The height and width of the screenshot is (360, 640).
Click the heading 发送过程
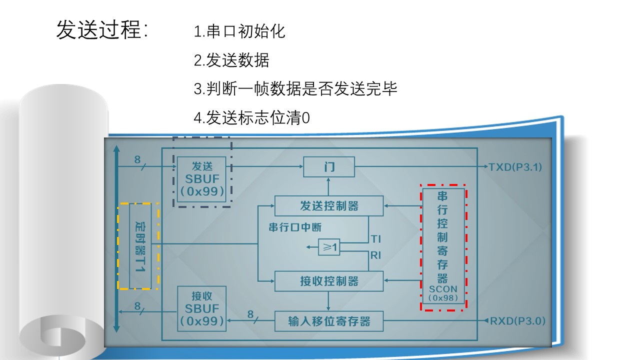pyautogui.click(x=102, y=30)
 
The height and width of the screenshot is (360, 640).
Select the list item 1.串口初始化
pyautogui.click(x=239, y=31)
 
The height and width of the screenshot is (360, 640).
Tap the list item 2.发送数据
pyautogui.click(x=231, y=60)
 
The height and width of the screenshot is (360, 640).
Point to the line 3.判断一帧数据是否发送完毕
pyautogui.click(x=295, y=89)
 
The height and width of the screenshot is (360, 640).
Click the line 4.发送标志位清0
pyautogui.click(x=251, y=118)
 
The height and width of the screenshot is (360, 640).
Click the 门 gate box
pyautogui.click(x=329, y=166)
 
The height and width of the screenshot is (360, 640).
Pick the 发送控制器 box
pyautogui.click(x=329, y=206)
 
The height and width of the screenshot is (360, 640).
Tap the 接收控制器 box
pyautogui.click(x=329, y=281)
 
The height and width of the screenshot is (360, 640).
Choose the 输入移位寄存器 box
pyautogui.click(x=329, y=320)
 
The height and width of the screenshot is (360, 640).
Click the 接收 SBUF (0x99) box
pyautogui.click(x=202, y=308)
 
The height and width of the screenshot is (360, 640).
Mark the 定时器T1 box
pyautogui.click(x=140, y=246)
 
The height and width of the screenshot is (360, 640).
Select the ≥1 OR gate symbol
pyautogui.click(x=329, y=247)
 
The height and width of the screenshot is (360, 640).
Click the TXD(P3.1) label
pyautogui.click(x=515, y=167)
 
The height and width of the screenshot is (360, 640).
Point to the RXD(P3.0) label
pyautogui.click(x=517, y=320)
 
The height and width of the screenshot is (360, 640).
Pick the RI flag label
pyautogui.click(x=375, y=255)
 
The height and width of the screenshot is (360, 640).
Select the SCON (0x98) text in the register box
pyautogui.click(x=443, y=293)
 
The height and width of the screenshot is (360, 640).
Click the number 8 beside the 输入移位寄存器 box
pyautogui.click(x=251, y=314)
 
